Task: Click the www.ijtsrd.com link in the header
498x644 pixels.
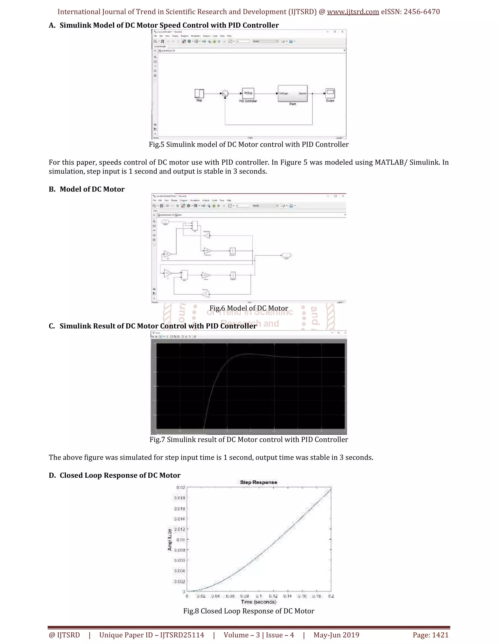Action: pyautogui.click(x=353, y=12)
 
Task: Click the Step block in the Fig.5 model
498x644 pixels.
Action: pyautogui.click(x=199, y=94)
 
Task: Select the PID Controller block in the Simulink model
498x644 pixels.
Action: pyautogui.click(x=248, y=94)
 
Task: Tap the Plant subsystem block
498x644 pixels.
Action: pyautogui.click(x=292, y=94)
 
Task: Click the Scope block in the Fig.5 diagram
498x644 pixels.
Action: pyautogui.click(x=330, y=94)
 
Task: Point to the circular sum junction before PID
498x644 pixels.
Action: pyautogui.click(x=225, y=94)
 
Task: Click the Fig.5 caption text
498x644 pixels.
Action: pyautogui.click(x=249, y=145)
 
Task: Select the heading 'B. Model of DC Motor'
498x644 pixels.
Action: pyautogui.click(x=86, y=189)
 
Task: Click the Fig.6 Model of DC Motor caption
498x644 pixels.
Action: pyautogui.click(x=249, y=308)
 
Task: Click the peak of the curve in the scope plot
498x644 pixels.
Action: pyautogui.click(x=249, y=354)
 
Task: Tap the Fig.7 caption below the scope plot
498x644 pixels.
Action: pyautogui.click(x=249, y=440)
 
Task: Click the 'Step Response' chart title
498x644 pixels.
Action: pyautogui.click(x=258, y=482)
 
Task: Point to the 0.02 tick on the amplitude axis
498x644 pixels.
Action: pyautogui.click(x=181, y=488)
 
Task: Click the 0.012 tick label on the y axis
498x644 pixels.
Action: pyautogui.click(x=180, y=529)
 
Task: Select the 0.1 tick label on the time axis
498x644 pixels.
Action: pyautogui.click(x=259, y=596)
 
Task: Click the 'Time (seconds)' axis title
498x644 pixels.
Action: pyautogui.click(x=258, y=602)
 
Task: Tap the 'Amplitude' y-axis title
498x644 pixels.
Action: pyautogui.click(x=170, y=539)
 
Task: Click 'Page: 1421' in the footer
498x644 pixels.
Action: pyautogui.click(x=430, y=635)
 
